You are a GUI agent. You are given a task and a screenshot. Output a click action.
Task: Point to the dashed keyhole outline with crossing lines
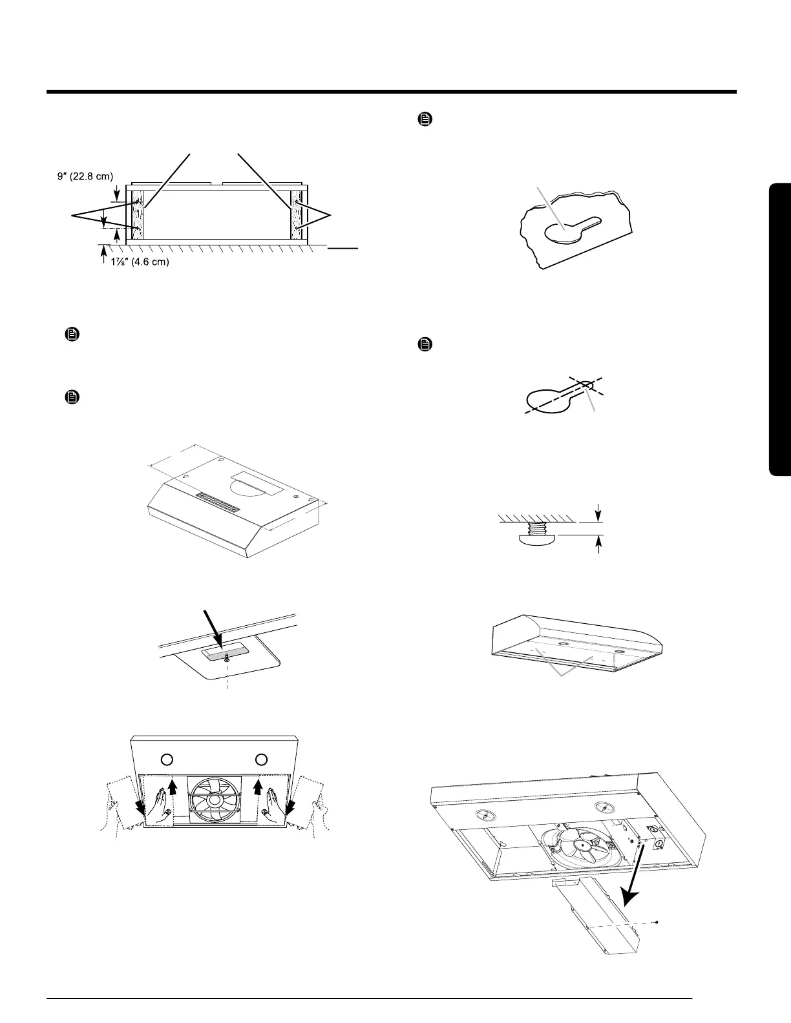556,398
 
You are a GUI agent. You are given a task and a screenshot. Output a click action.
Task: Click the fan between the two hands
214,801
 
